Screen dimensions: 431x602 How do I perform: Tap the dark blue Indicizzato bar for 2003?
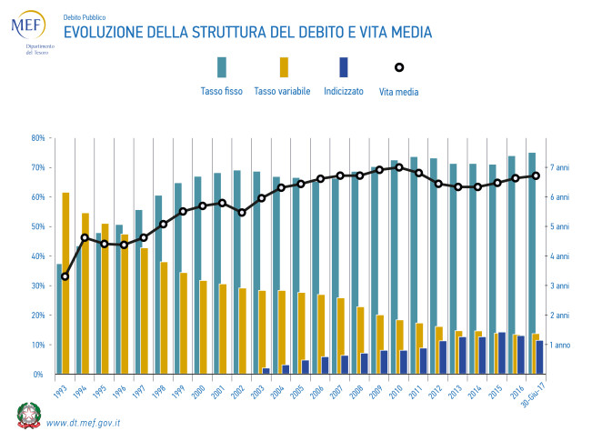click(x=266, y=370)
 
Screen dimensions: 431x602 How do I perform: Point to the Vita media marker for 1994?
click(x=85, y=238)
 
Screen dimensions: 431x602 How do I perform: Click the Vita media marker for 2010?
click(x=398, y=167)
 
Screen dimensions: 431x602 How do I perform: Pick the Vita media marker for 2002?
click(x=241, y=212)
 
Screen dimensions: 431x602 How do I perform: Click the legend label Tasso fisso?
click(x=221, y=91)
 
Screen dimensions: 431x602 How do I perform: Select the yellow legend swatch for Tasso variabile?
click(x=284, y=66)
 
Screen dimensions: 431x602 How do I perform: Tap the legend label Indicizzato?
click(x=343, y=91)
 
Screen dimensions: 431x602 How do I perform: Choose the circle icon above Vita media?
click(x=398, y=67)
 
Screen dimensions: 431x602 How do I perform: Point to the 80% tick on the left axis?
click(x=38, y=138)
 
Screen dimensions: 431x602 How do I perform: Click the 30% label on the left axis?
click(x=38, y=286)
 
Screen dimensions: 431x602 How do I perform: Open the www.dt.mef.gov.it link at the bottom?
click(x=84, y=422)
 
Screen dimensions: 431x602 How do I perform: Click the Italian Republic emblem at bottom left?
click(x=28, y=415)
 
